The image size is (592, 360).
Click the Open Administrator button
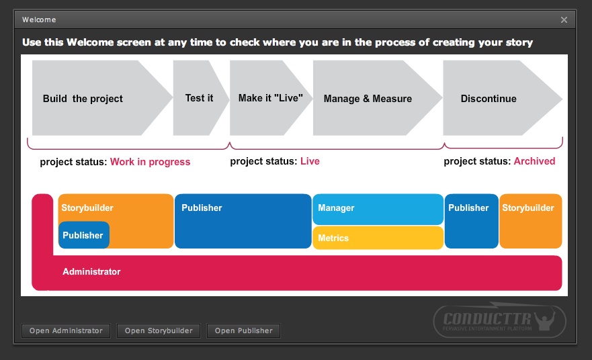coord(66,330)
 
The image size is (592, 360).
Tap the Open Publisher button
coord(243,330)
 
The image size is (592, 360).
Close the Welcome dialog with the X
coord(564,19)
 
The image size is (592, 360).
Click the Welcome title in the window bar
coord(39,19)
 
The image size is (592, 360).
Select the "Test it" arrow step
coord(200,98)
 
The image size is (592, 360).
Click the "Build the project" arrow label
coord(83,99)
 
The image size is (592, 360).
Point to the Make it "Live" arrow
coord(271,98)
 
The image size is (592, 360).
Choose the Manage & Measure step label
coord(368,99)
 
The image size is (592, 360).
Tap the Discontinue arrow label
coord(489,99)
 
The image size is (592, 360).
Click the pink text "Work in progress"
coord(151,162)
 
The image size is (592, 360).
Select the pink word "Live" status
coord(310,161)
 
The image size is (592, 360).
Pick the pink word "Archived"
coord(534,161)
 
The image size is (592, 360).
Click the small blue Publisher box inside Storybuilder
coord(84,235)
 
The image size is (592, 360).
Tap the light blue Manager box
coord(378,209)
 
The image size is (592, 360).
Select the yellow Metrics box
coord(378,238)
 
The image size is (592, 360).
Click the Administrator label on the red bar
coord(91,272)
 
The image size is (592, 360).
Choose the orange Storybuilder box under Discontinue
coord(530,221)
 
